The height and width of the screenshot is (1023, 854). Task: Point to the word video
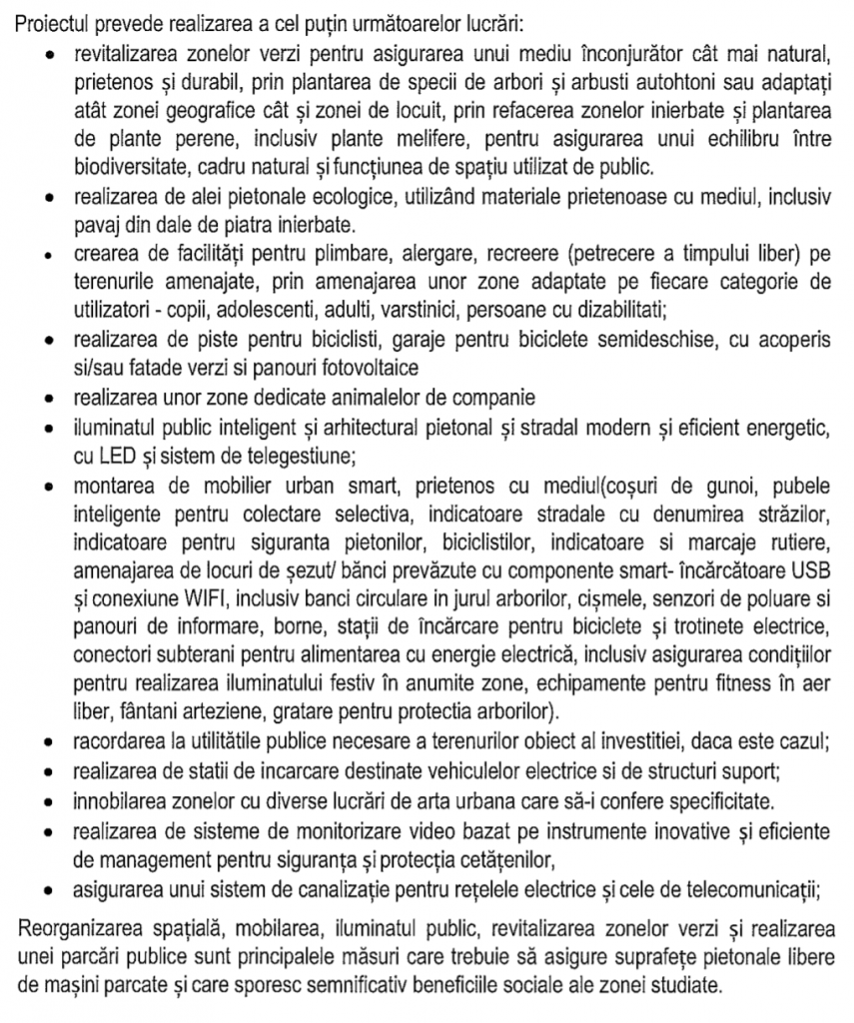(450, 831)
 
